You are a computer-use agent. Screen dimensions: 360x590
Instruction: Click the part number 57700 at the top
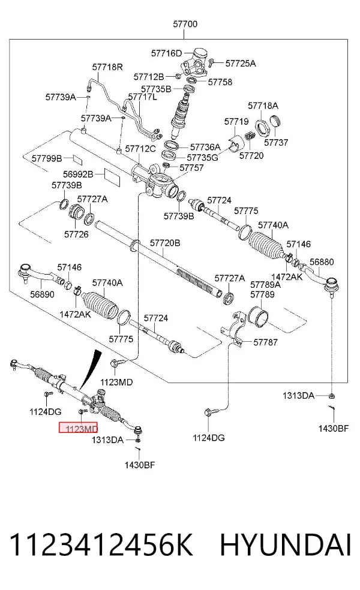(x=185, y=24)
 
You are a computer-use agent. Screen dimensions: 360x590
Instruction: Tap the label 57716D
(x=166, y=53)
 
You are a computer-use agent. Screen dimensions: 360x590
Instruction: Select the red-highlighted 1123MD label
(x=78, y=428)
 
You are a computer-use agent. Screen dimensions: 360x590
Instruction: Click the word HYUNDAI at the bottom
(x=286, y=544)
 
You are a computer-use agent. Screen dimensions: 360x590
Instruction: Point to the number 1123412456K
(x=101, y=544)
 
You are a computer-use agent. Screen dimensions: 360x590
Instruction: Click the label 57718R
(x=107, y=67)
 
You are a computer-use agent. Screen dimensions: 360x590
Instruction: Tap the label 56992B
(x=78, y=174)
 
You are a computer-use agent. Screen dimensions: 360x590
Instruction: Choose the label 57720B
(x=165, y=243)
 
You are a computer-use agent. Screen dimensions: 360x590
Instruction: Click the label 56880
(x=322, y=262)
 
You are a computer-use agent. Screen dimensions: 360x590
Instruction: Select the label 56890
(x=42, y=294)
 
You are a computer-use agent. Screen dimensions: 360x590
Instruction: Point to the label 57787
(x=265, y=342)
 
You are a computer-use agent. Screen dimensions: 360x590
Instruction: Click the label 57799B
(x=47, y=158)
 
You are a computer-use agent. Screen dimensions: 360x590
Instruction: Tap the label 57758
(x=220, y=82)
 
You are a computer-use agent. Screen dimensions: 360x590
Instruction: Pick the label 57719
(x=236, y=122)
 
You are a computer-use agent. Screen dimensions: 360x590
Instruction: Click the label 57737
(x=276, y=142)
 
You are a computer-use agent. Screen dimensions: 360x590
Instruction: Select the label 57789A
(x=265, y=285)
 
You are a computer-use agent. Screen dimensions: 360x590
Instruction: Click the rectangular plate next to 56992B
(x=112, y=177)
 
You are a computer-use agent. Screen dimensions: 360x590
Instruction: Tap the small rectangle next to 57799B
(x=77, y=159)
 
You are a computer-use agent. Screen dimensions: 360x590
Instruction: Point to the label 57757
(x=191, y=168)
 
